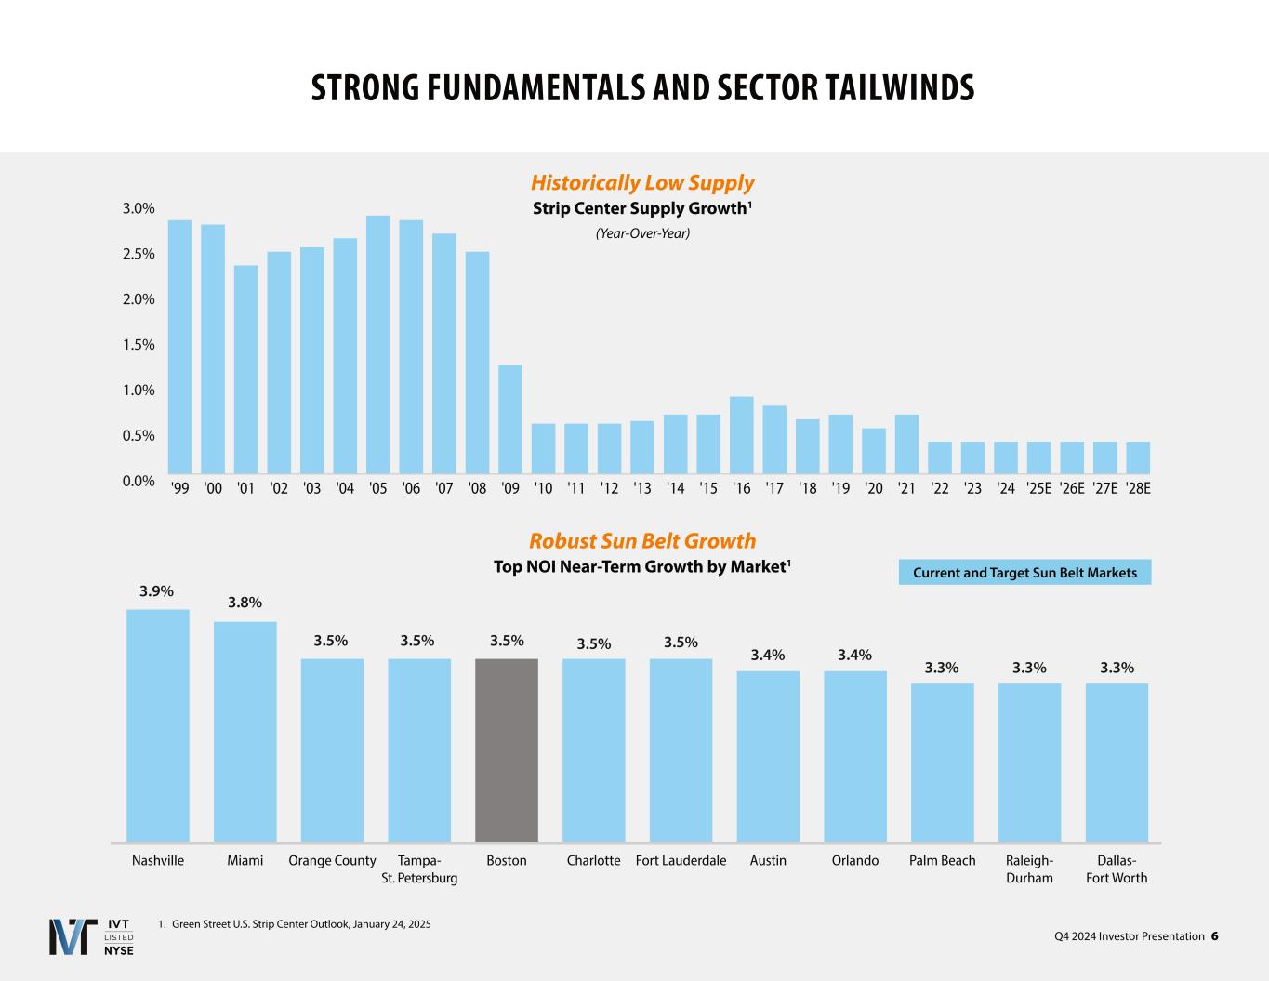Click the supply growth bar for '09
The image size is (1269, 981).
510,419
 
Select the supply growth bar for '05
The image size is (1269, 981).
378,345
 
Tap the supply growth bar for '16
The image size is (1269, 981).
741,435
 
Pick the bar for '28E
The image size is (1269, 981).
1138,457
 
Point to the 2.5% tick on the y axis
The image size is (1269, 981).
139,254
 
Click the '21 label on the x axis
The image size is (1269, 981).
906,488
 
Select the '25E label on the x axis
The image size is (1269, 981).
1038,488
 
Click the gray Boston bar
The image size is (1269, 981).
507,749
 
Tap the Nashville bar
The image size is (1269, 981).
158,725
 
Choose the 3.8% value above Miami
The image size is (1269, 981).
245,603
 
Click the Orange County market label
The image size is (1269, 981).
332,861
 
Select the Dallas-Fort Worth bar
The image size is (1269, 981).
1117,762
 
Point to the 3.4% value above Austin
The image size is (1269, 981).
768,655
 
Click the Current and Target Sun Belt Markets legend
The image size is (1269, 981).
1024,573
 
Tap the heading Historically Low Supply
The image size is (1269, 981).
642,183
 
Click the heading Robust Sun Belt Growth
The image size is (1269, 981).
642,541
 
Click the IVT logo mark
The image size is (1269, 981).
73,936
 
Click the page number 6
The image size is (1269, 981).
1214,936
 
